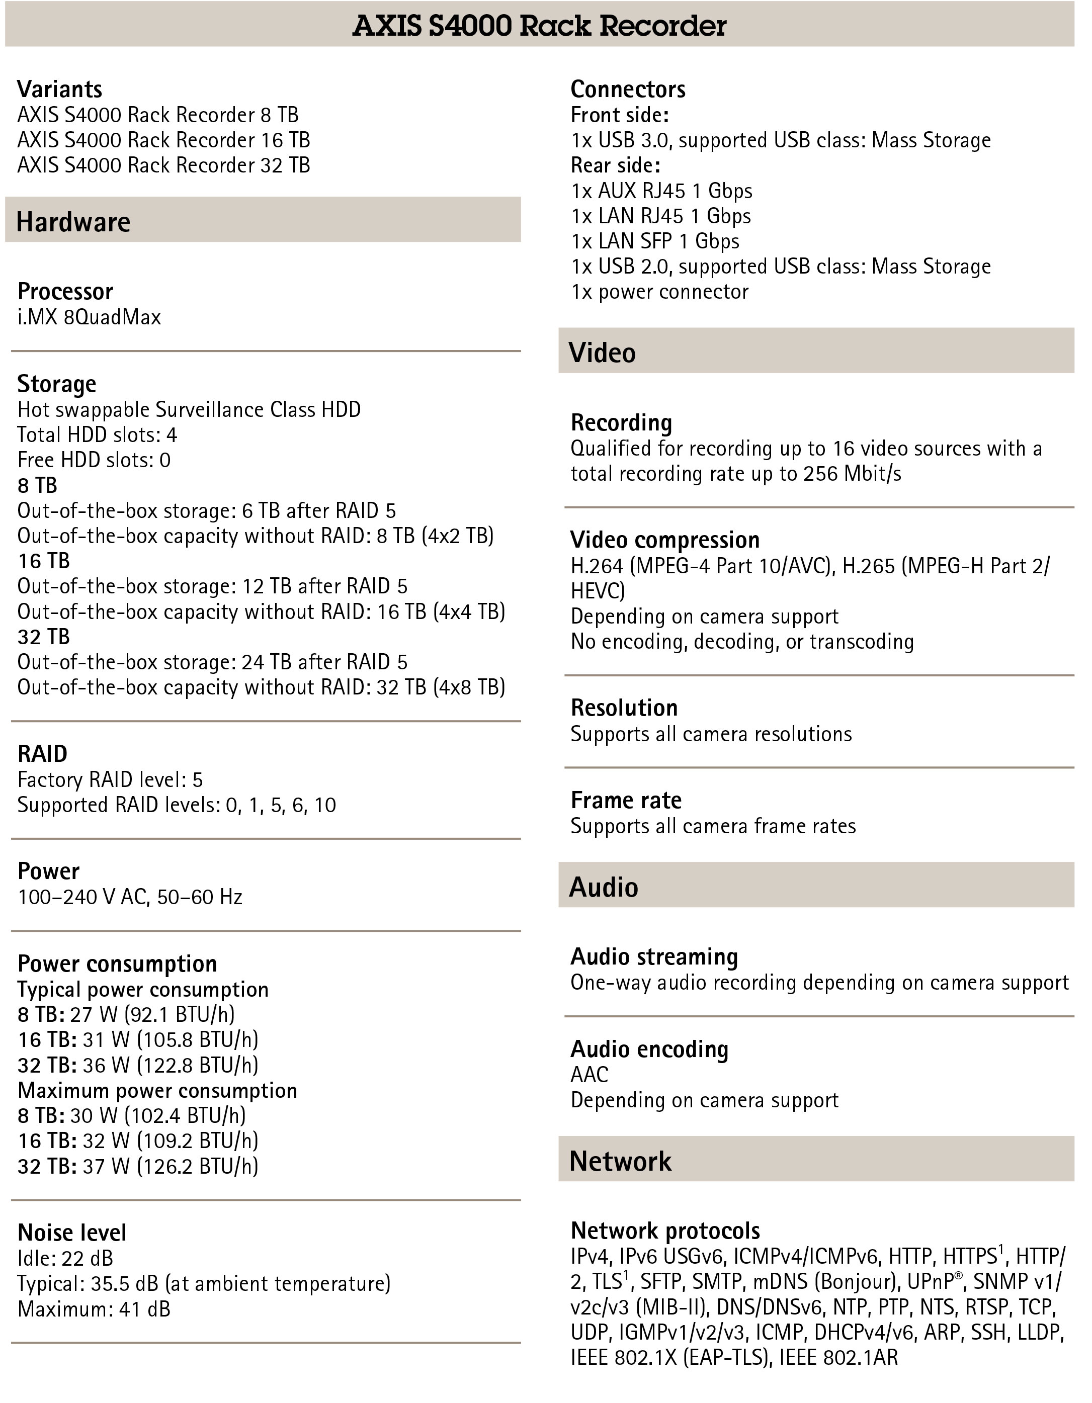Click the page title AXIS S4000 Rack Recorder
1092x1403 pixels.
[x=539, y=26]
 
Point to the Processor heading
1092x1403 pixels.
[x=65, y=292]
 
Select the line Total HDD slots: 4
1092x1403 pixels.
[x=97, y=435]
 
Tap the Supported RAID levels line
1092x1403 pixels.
[x=176, y=805]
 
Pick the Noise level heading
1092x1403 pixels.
[x=72, y=1233]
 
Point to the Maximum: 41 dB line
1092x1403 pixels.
[x=94, y=1308]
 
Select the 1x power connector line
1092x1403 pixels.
[x=659, y=292]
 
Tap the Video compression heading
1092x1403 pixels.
[x=664, y=540]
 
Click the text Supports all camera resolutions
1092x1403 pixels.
[x=711, y=734]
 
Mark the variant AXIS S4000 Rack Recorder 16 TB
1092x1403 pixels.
[x=163, y=140]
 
